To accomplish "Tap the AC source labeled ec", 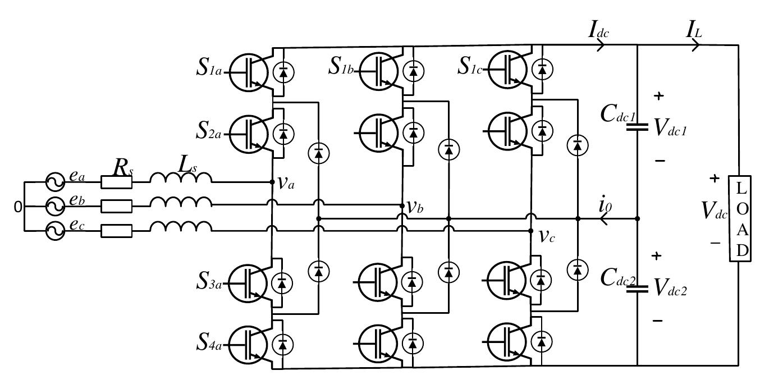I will coord(56,231).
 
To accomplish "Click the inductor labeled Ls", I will coord(181,179).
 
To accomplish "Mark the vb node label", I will coord(415,207).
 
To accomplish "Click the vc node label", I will coord(547,236).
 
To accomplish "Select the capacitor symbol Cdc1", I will coord(637,127).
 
